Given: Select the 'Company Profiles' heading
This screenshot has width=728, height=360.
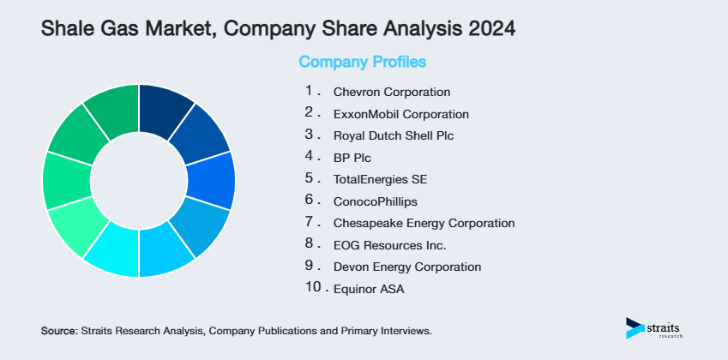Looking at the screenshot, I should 362,63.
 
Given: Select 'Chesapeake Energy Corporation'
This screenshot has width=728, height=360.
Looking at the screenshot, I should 424,223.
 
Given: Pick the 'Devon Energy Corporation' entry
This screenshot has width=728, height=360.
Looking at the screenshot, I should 406,267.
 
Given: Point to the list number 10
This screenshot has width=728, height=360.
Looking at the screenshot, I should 314,288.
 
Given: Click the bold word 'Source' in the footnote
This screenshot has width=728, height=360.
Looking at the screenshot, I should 58,330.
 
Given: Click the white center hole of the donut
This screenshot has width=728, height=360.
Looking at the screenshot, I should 139,181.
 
